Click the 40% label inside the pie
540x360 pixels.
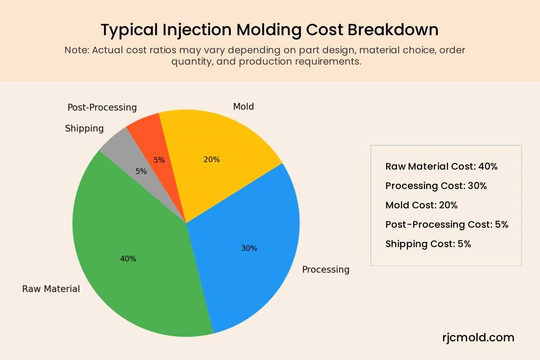(x=128, y=259)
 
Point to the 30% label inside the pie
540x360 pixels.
(x=249, y=248)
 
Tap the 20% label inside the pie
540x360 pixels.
(x=211, y=159)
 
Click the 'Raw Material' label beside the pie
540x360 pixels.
(x=51, y=289)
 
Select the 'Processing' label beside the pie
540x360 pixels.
(x=325, y=270)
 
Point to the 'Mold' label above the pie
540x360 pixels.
(x=243, y=107)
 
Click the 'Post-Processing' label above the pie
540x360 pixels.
(x=102, y=108)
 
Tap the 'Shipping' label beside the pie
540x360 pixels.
(x=84, y=129)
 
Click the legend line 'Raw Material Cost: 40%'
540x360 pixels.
(x=441, y=166)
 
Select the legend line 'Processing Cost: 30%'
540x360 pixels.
(x=436, y=186)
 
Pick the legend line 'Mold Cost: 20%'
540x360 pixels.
(x=421, y=205)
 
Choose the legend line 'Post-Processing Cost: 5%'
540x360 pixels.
(x=447, y=225)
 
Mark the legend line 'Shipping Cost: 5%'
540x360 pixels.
(x=428, y=244)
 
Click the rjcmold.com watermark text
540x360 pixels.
(x=478, y=337)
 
